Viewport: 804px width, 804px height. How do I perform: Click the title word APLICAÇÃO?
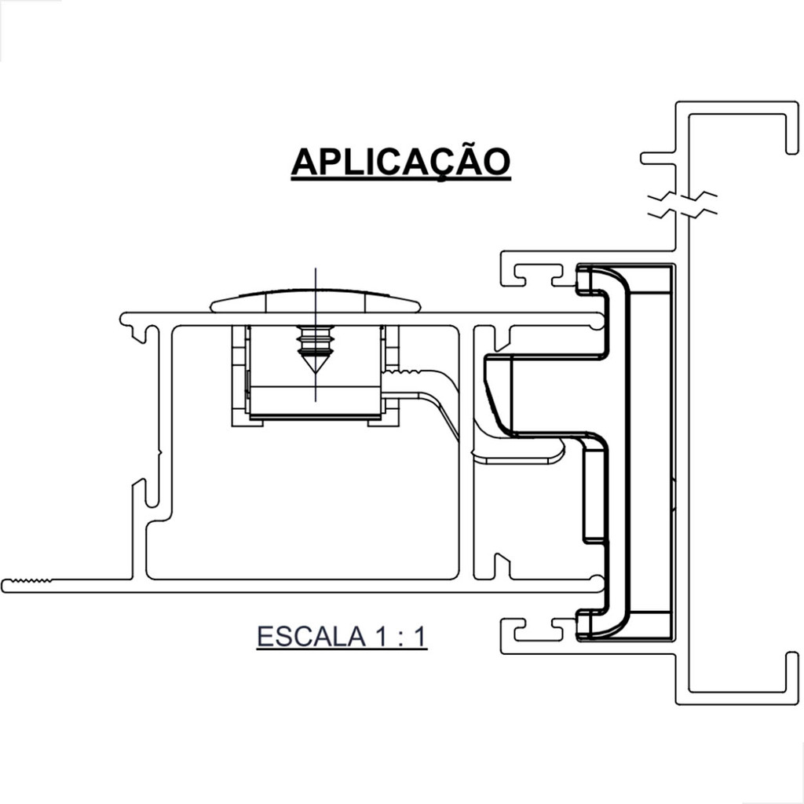point(400,162)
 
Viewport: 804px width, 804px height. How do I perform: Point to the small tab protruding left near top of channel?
point(655,158)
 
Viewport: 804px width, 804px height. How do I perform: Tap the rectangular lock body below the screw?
point(314,400)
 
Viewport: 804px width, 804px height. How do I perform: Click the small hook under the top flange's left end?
point(142,334)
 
